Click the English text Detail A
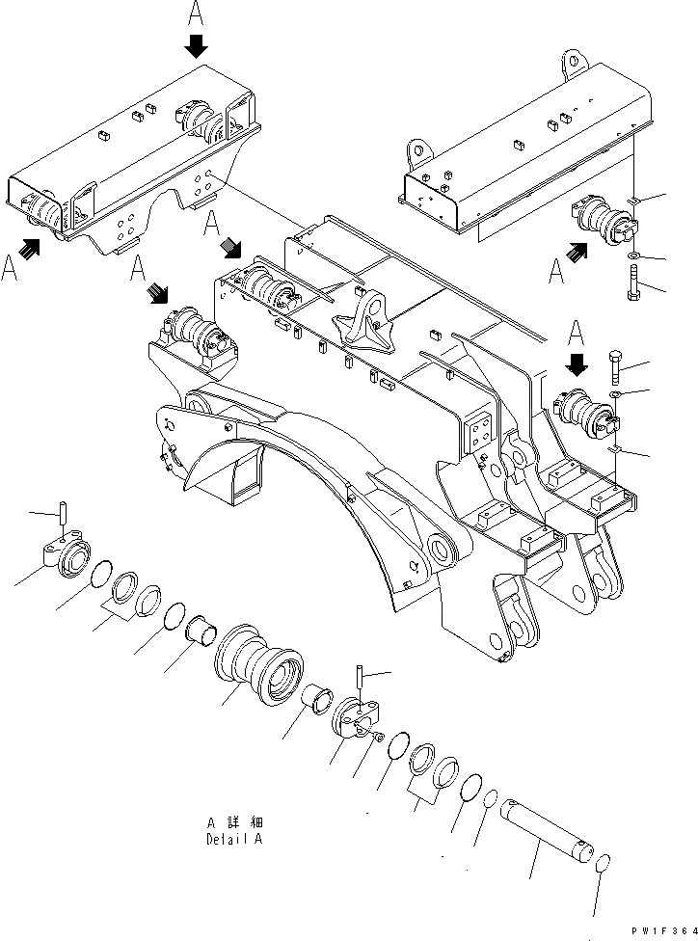[x=233, y=839]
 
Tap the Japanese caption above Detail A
[x=233, y=823]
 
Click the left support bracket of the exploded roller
[x=67, y=556]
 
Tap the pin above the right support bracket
[x=359, y=682]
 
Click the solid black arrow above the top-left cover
[x=197, y=44]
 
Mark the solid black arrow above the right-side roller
[x=577, y=364]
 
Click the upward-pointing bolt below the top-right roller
[x=633, y=284]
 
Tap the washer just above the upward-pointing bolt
[x=631, y=256]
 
